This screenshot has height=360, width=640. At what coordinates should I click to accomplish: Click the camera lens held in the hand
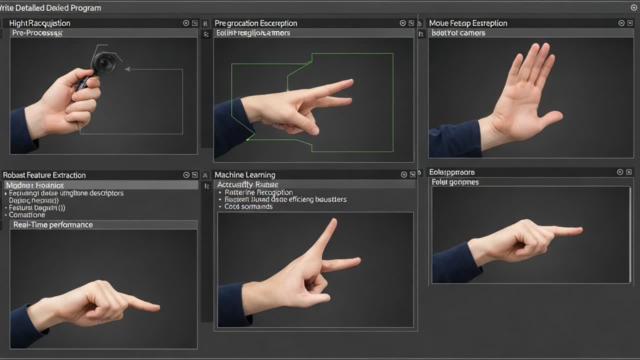pos(104,62)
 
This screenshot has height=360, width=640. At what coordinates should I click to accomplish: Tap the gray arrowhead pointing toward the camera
pos(127,69)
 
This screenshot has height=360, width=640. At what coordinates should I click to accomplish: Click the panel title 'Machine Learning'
pos(244,175)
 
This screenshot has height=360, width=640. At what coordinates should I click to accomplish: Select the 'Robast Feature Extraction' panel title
pos(44,175)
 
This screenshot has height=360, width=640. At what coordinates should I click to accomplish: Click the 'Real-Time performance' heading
pos(53,225)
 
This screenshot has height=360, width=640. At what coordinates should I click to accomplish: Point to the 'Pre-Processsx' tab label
pos(37,33)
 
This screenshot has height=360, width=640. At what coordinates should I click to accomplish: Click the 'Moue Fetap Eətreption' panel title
pos(468,23)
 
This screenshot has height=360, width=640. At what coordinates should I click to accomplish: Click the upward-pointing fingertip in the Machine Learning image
pos(333,221)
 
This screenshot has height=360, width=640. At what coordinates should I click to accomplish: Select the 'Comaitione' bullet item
pos(27,215)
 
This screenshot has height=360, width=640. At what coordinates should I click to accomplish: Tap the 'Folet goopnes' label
pos(455,182)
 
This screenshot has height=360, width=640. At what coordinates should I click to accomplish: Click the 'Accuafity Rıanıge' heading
pos(247,185)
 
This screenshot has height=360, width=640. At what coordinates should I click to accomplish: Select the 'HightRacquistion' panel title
pos(39,23)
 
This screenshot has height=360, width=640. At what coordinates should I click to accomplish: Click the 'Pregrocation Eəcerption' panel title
pos(255,23)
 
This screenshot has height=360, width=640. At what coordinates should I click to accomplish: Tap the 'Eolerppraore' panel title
pos(452,172)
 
